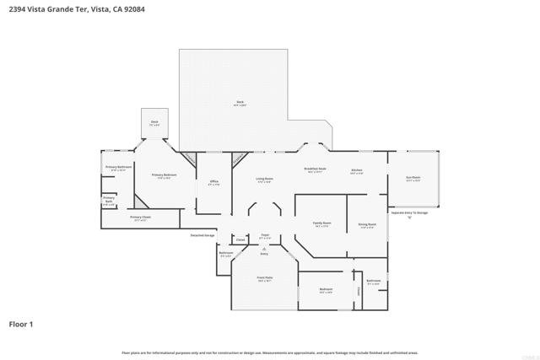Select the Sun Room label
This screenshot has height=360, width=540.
coord(413,179)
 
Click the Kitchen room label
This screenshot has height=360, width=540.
coord(357,171)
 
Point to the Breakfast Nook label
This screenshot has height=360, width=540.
coord(316,169)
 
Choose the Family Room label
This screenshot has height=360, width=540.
coord(321,224)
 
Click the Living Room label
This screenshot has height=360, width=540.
coord(264,179)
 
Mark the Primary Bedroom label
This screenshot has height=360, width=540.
coord(163,175)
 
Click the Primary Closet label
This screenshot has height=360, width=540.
coord(140,218)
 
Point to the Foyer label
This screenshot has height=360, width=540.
coord(264,236)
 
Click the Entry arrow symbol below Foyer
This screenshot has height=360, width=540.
coord(264,248)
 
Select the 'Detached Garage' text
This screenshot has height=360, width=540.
coord(202,235)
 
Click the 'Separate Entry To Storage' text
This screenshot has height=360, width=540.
coord(409,212)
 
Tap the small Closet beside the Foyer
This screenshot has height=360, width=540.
coord(240,240)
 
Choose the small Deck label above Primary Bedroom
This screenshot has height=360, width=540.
coord(154,122)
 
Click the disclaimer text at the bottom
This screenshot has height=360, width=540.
coord(270,352)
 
